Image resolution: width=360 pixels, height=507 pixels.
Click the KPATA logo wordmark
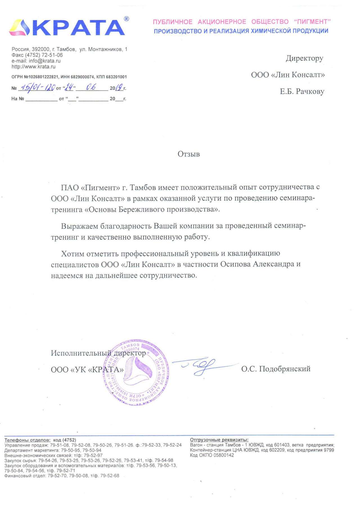click(x=79, y=28)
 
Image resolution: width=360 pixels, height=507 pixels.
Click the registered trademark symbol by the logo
click(x=126, y=19)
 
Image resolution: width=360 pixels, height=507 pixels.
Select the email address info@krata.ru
click(x=44, y=61)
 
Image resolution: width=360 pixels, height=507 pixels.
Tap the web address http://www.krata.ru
click(x=33, y=67)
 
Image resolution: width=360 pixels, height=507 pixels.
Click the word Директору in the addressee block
click(x=304, y=58)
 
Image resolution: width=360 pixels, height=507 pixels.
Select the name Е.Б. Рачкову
click(x=302, y=92)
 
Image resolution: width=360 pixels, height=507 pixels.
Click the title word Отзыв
click(x=188, y=154)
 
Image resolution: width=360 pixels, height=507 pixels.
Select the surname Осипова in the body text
click(x=235, y=264)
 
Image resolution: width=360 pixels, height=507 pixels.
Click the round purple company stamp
click(x=136, y=372)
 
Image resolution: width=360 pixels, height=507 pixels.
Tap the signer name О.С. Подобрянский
click(x=276, y=369)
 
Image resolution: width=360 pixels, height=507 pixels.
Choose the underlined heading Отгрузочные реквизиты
click(x=219, y=440)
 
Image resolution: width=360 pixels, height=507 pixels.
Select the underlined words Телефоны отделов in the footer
click(x=27, y=440)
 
